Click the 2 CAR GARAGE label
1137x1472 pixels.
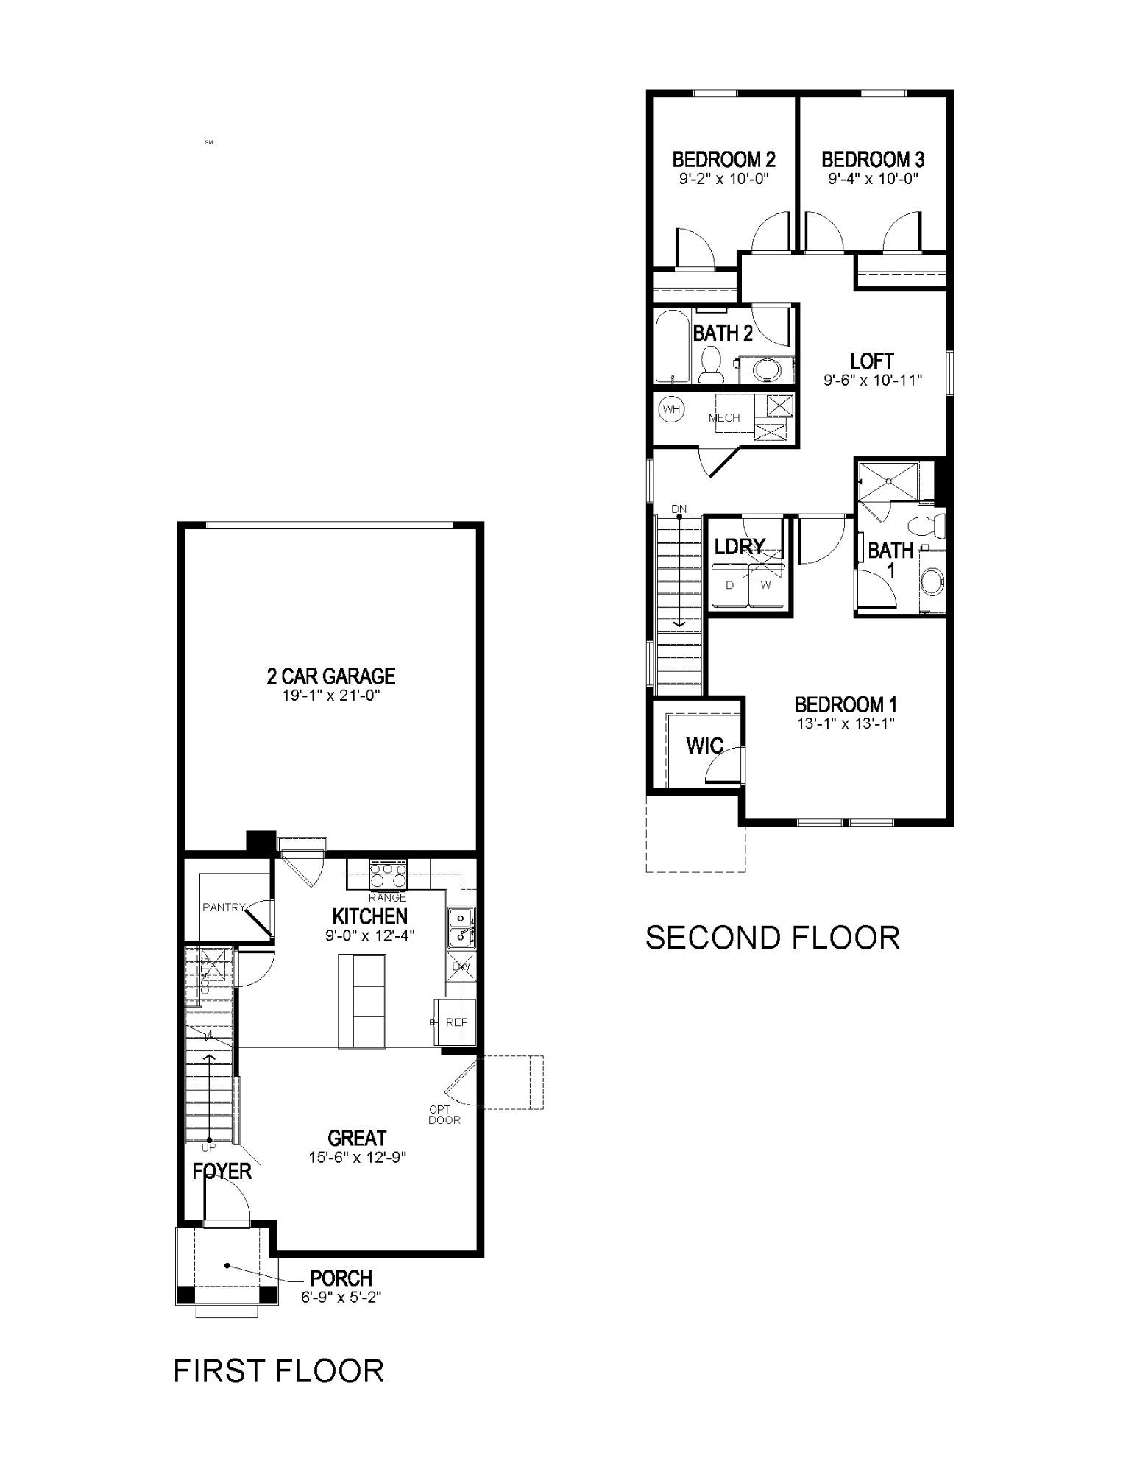coord(330,675)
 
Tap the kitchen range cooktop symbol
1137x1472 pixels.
coord(388,874)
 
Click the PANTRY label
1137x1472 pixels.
coord(223,907)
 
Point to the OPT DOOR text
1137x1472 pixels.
coord(444,1114)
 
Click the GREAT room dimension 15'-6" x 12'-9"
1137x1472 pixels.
coord(358,1157)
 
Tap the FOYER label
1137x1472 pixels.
coord(222,1171)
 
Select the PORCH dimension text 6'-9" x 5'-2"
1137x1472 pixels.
coord(341,1298)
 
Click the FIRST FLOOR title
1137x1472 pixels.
coord(278,1370)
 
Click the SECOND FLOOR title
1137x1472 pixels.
coord(772,938)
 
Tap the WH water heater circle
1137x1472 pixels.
coord(670,409)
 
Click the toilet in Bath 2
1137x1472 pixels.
coord(711,364)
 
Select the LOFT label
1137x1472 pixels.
coord(872,361)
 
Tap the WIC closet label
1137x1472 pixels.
coord(704,746)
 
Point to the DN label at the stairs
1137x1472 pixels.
coord(679,509)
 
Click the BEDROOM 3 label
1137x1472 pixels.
coord(873,159)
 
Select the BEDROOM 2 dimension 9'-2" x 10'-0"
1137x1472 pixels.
coord(723,178)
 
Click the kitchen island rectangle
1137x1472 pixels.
coord(361,1000)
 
